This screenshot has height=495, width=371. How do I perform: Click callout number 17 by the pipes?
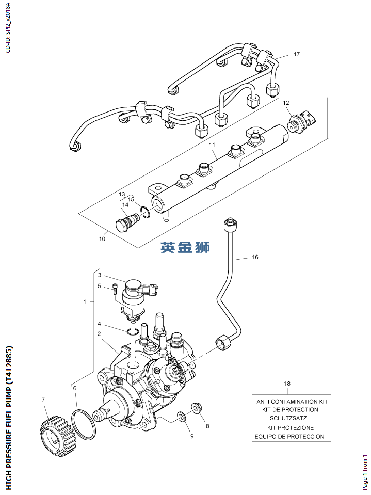(x=297, y=54)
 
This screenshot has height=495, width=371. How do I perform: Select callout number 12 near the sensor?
(x=286, y=103)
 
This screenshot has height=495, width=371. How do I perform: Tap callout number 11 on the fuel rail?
(x=212, y=146)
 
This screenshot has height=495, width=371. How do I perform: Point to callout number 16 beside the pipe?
(x=255, y=257)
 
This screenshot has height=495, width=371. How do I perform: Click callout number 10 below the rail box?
(x=102, y=239)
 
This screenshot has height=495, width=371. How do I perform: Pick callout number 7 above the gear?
(x=43, y=400)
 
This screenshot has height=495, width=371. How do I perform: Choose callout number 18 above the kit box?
(x=287, y=384)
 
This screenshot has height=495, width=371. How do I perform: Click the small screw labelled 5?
(x=115, y=291)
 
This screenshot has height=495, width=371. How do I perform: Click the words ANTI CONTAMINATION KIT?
(x=292, y=401)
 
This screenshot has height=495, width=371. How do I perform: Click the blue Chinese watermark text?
(x=185, y=248)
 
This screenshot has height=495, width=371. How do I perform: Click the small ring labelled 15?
(x=146, y=211)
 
